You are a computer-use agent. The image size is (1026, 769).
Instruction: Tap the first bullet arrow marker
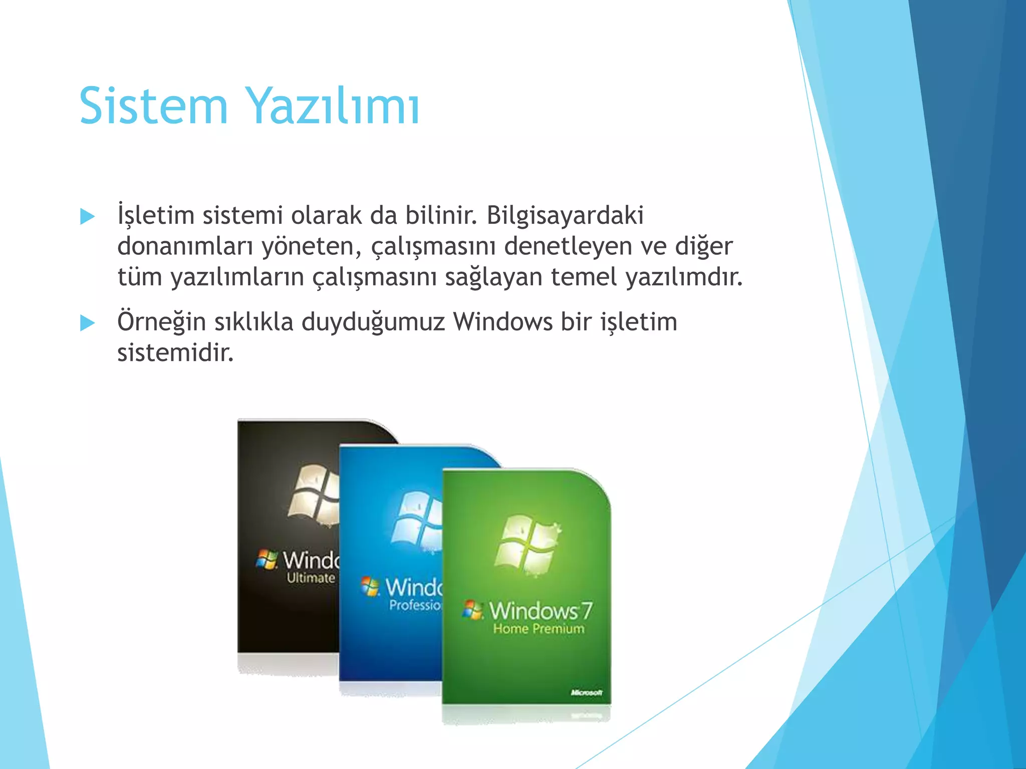coord(88,217)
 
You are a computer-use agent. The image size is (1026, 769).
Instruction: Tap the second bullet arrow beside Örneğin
coord(88,323)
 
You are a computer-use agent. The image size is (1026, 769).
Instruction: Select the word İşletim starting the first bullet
coord(156,216)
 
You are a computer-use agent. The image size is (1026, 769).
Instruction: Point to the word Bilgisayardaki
coord(565,216)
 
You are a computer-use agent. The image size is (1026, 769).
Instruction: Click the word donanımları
coord(185,246)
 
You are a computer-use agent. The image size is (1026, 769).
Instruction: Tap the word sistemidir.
coord(175,353)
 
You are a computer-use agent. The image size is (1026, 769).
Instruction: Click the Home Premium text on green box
coord(539,629)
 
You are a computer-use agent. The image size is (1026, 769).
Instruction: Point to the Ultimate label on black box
coord(311,578)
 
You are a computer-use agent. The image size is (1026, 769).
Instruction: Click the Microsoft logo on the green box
coord(586,692)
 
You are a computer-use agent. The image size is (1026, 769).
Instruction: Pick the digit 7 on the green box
coord(587,611)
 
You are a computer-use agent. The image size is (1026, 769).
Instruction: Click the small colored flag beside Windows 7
coord(472,610)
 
